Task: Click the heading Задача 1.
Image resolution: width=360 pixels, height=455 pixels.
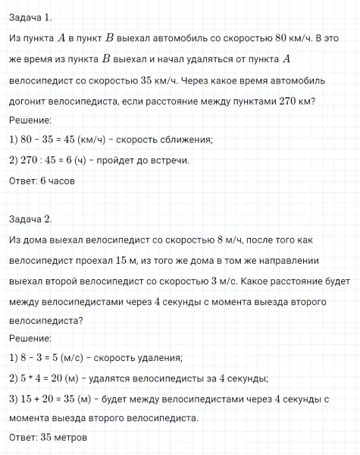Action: (31, 17)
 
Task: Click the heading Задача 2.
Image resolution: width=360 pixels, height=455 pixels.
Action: (31, 219)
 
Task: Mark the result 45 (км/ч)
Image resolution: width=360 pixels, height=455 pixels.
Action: (90, 140)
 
